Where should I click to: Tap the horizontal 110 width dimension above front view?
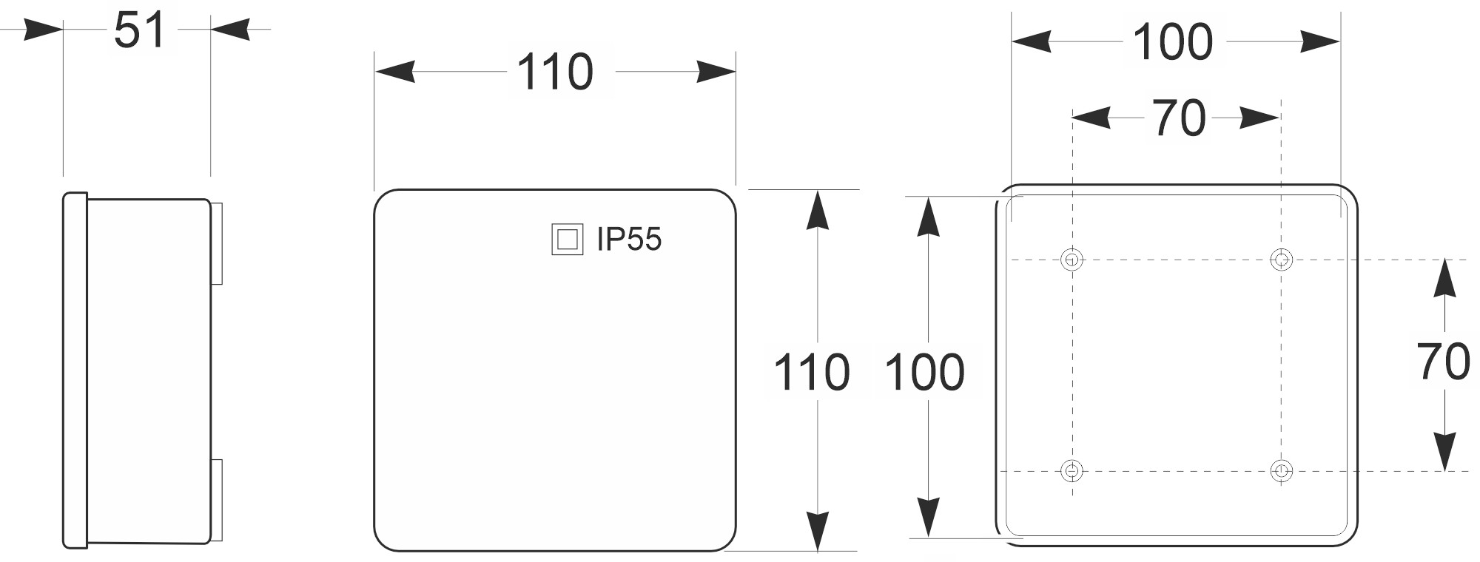pyautogui.click(x=555, y=72)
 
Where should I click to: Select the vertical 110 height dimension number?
pyautogui.click(x=811, y=372)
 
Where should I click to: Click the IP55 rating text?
pyautogui.click(x=629, y=239)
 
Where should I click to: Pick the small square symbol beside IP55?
pyautogui.click(x=568, y=240)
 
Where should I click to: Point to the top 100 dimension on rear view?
pyautogui.click(x=1173, y=42)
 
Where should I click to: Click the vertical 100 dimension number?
pyautogui.click(x=925, y=372)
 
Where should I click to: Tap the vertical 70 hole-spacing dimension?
pyautogui.click(x=1443, y=362)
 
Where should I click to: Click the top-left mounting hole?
pyautogui.click(x=1072, y=260)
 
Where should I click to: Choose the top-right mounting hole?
pyautogui.click(x=1281, y=260)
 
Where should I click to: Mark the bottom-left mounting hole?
pyautogui.click(x=1072, y=470)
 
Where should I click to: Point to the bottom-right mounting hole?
pyautogui.click(x=1281, y=470)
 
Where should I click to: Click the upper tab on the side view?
pyautogui.click(x=217, y=243)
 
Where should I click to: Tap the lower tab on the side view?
pyautogui.click(x=217, y=501)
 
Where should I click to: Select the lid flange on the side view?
pyautogui.click(x=75, y=370)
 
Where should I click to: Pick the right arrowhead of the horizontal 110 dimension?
pyautogui.click(x=716, y=72)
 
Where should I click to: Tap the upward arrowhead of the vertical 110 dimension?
pyautogui.click(x=816, y=211)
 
